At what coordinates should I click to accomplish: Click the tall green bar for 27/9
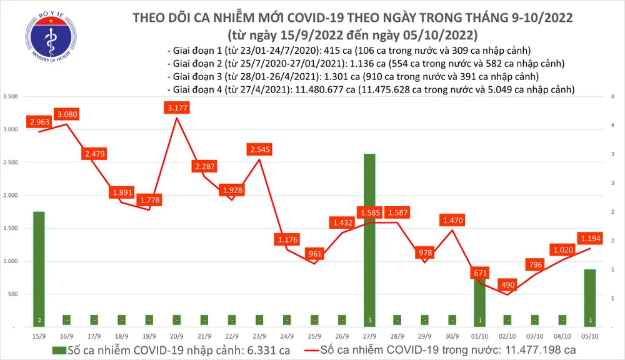369,237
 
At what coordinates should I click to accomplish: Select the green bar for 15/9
39,269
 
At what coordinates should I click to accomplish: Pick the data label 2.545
259,150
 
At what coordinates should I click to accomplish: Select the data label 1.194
591,239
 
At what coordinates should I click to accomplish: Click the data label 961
314,254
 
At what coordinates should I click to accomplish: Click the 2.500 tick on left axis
11,162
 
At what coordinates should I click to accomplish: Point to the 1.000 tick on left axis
11,261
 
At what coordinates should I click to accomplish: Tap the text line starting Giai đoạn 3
353,77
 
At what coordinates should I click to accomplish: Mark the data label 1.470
452,221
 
